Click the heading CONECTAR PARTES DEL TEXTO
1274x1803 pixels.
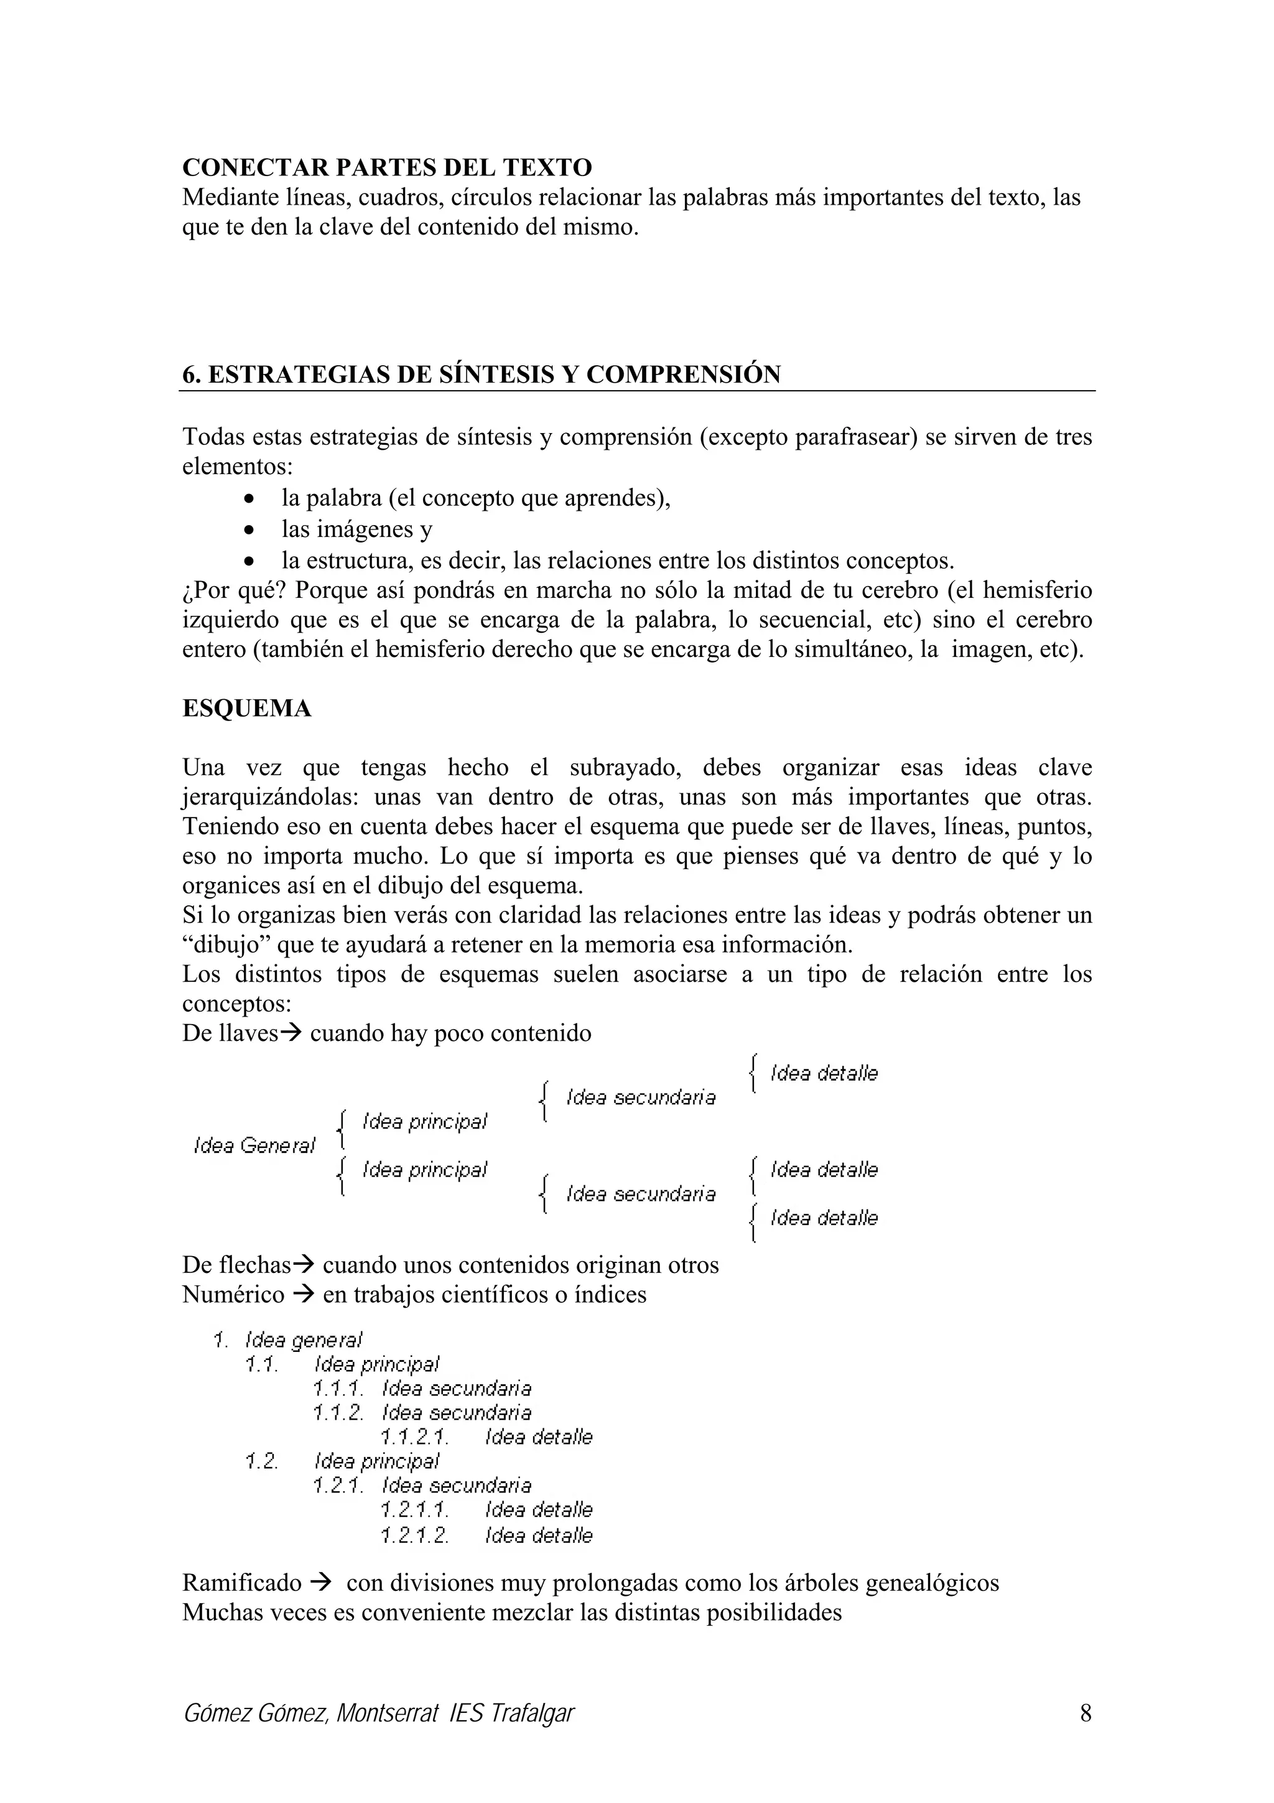[387, 167]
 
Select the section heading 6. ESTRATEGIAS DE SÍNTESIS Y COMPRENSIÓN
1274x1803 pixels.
[481, 375]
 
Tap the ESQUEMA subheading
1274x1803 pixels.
[246, 708]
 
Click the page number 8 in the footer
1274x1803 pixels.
[1086, 1712]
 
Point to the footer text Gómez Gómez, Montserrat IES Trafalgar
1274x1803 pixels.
[378, 1713]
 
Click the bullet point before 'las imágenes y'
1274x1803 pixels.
[249, 530]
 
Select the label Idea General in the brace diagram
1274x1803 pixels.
[254, 1146]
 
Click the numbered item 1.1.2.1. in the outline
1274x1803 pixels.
[414, 1437]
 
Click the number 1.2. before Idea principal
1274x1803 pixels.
[261, 1461]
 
